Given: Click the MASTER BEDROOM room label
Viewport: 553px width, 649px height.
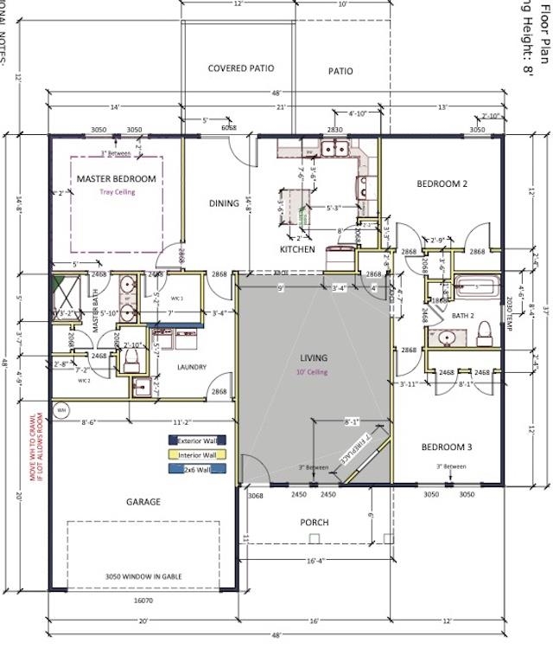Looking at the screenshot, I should point(117,179).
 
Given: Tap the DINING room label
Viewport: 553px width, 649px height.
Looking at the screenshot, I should point(224,203).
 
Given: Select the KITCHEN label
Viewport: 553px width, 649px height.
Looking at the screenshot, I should point(296,249).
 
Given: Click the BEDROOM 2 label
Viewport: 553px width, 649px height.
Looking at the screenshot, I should point(442,183).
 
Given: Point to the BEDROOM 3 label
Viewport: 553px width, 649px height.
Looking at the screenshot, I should point(446,447).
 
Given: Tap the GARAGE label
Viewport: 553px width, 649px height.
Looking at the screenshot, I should point(143,502).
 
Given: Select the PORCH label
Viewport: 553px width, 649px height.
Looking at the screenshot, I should point(315,523).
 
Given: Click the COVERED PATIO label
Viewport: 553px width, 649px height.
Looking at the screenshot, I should point(240,68).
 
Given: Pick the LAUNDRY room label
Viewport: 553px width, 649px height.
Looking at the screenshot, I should point(192,367).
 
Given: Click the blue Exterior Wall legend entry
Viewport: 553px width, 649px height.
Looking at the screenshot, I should point(197,440).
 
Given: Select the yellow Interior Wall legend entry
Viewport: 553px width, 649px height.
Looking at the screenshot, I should point(197,454).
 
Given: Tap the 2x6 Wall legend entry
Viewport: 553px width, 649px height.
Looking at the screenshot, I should point(197,469).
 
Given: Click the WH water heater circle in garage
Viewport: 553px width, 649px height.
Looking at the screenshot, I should point(60,410).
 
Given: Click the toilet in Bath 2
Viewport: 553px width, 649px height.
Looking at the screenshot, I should point(485,331).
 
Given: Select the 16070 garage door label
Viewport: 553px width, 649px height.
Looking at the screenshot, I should point(143,599).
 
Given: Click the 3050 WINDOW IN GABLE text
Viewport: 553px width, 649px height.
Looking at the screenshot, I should point(143,576).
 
